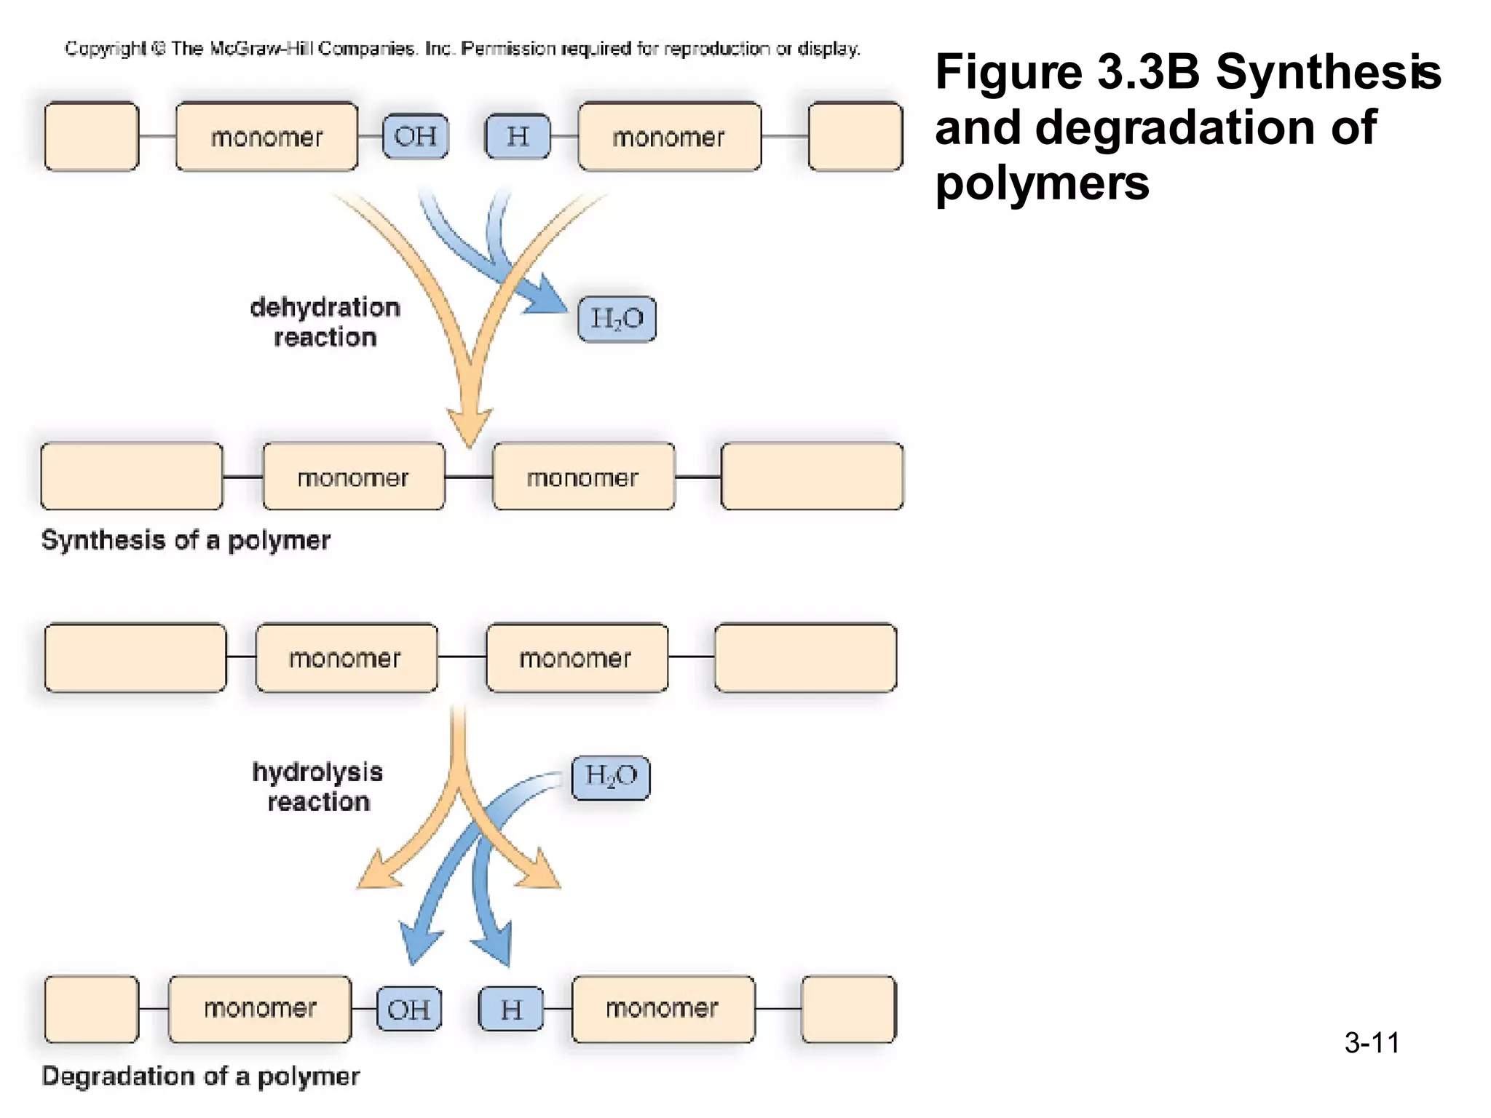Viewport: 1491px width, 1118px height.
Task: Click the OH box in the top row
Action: coord(415,136)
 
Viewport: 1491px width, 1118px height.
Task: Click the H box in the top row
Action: coord(518,136)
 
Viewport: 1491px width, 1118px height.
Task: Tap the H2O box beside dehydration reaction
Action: coord(617,319)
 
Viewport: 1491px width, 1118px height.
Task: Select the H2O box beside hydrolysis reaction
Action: coord(610,777)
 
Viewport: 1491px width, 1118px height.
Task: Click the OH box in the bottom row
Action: coord(409,1009)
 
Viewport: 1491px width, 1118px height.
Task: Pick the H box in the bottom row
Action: coord(511,1009)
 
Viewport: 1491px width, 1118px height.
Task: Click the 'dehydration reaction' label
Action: coord(325,322)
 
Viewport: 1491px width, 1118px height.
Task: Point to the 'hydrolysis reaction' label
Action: coord(318,787)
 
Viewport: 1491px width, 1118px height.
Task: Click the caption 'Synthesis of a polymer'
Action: coord(186,540)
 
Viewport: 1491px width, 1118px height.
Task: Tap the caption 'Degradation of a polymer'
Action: coord(201,1076)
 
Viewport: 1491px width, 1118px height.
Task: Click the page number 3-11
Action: coord(1372,1042)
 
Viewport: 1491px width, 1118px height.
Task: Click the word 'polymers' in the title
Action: coord(1042,183)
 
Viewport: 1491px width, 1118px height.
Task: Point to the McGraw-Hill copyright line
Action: coord(462,49)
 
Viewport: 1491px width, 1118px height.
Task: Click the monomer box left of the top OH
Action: coord(266,136)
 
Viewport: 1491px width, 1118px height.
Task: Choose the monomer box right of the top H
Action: coord(669,136)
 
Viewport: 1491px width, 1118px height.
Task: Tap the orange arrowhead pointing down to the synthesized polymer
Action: coord(470,428)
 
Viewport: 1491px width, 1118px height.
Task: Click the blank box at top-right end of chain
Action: coord(855,136)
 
